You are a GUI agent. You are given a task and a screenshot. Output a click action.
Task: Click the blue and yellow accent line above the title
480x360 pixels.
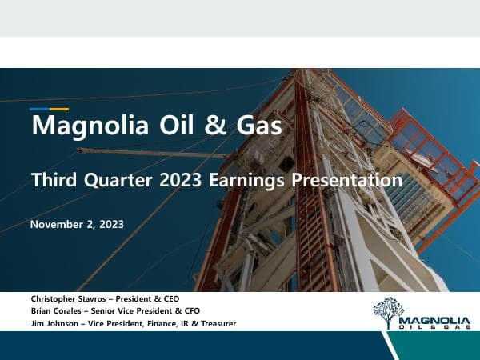(x=49, y=109)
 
